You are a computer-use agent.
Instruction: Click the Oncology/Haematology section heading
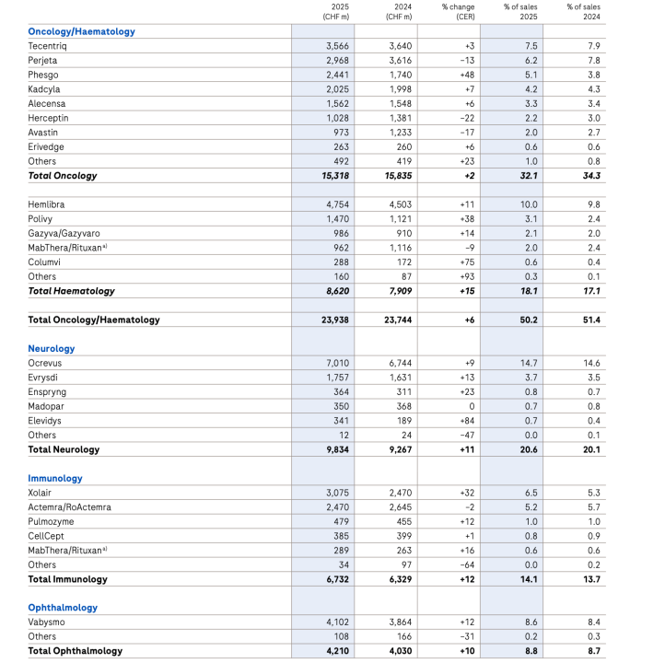point(81,31)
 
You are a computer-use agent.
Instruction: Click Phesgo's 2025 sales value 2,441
point(337,75)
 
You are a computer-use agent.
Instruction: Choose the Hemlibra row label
point(47,204)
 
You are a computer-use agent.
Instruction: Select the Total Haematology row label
point(71,291)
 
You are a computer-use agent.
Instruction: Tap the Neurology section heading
point(52,349)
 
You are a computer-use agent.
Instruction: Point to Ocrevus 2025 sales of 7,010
point(337,363)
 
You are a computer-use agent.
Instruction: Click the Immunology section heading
point(55,478)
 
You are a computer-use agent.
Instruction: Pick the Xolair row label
point(41,493)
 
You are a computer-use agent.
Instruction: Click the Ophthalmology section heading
point(63,608)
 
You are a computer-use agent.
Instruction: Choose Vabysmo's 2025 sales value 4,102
point(337,622)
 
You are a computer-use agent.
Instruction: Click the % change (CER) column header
point(457,11)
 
